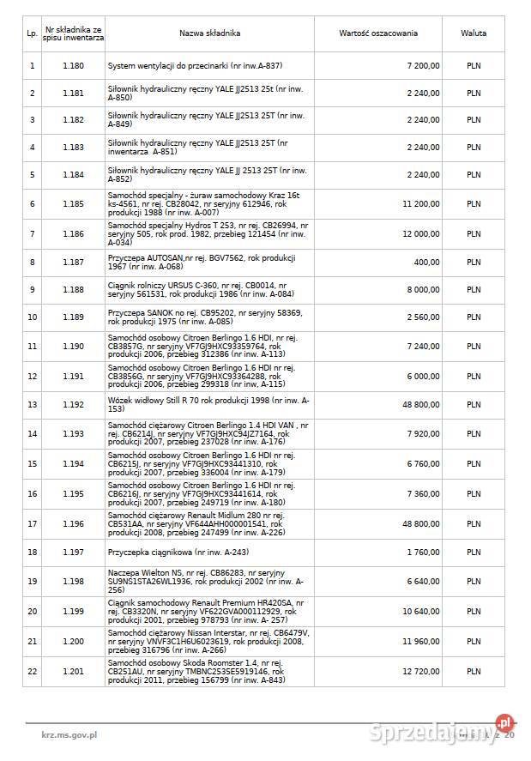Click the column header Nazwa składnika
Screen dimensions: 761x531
[209, 33]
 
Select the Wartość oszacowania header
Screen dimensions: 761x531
[378, 33]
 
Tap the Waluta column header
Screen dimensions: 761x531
[474, 33]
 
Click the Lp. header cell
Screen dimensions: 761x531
[32, 33]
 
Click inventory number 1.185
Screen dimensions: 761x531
[74, 204]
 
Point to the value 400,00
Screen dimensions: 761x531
[426, 263]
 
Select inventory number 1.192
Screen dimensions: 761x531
[74, 404]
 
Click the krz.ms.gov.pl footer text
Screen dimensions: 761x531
[69, 735]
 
